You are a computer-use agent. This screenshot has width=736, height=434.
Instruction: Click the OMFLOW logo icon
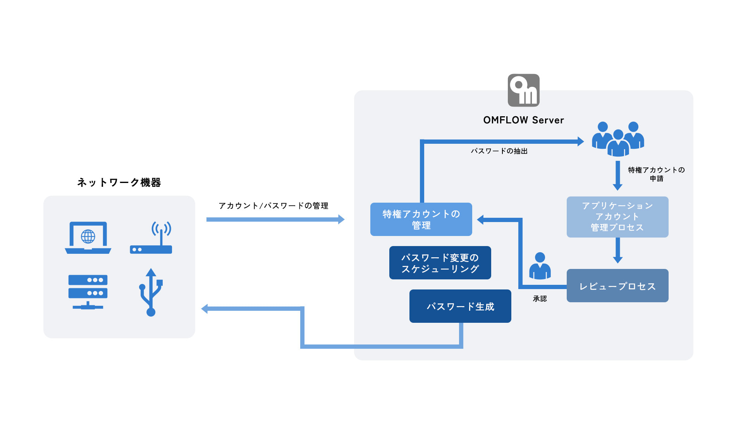(523, 90)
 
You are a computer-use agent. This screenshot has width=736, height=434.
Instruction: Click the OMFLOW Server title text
(523, 120)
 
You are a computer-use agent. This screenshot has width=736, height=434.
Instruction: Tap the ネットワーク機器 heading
(119, 183)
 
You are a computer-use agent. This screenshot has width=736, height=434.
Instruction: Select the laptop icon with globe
(88, 238)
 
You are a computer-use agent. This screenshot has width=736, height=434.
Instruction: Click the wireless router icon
(151, 238)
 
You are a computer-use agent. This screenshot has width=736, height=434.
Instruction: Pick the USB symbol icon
(151, 292)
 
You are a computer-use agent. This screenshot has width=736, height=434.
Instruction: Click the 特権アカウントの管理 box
(421, 219)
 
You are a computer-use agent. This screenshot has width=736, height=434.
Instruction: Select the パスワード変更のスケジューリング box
(440, 263)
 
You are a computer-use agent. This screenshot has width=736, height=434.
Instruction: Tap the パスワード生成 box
(460, 306)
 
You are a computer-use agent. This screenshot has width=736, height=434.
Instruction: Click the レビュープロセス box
(617, 286)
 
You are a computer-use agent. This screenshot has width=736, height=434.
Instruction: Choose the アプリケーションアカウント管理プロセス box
(617, 217)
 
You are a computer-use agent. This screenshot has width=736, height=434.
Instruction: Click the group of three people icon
(618, 139)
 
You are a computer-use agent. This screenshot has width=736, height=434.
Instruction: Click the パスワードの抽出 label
(499, 151)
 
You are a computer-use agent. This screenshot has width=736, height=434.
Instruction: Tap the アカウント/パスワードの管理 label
(273, 206)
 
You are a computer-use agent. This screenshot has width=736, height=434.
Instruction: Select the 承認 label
(540, 299)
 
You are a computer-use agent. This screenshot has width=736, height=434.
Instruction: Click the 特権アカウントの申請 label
(656, 174)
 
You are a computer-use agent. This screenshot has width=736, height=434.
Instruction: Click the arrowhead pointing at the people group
(580, 141)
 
